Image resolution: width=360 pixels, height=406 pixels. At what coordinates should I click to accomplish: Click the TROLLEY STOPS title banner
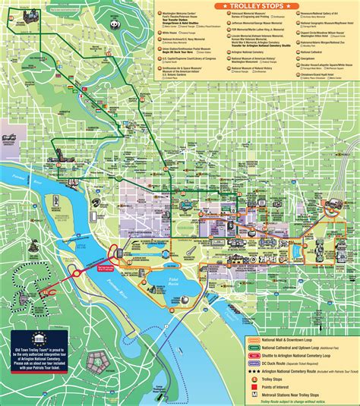pos(255,6)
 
